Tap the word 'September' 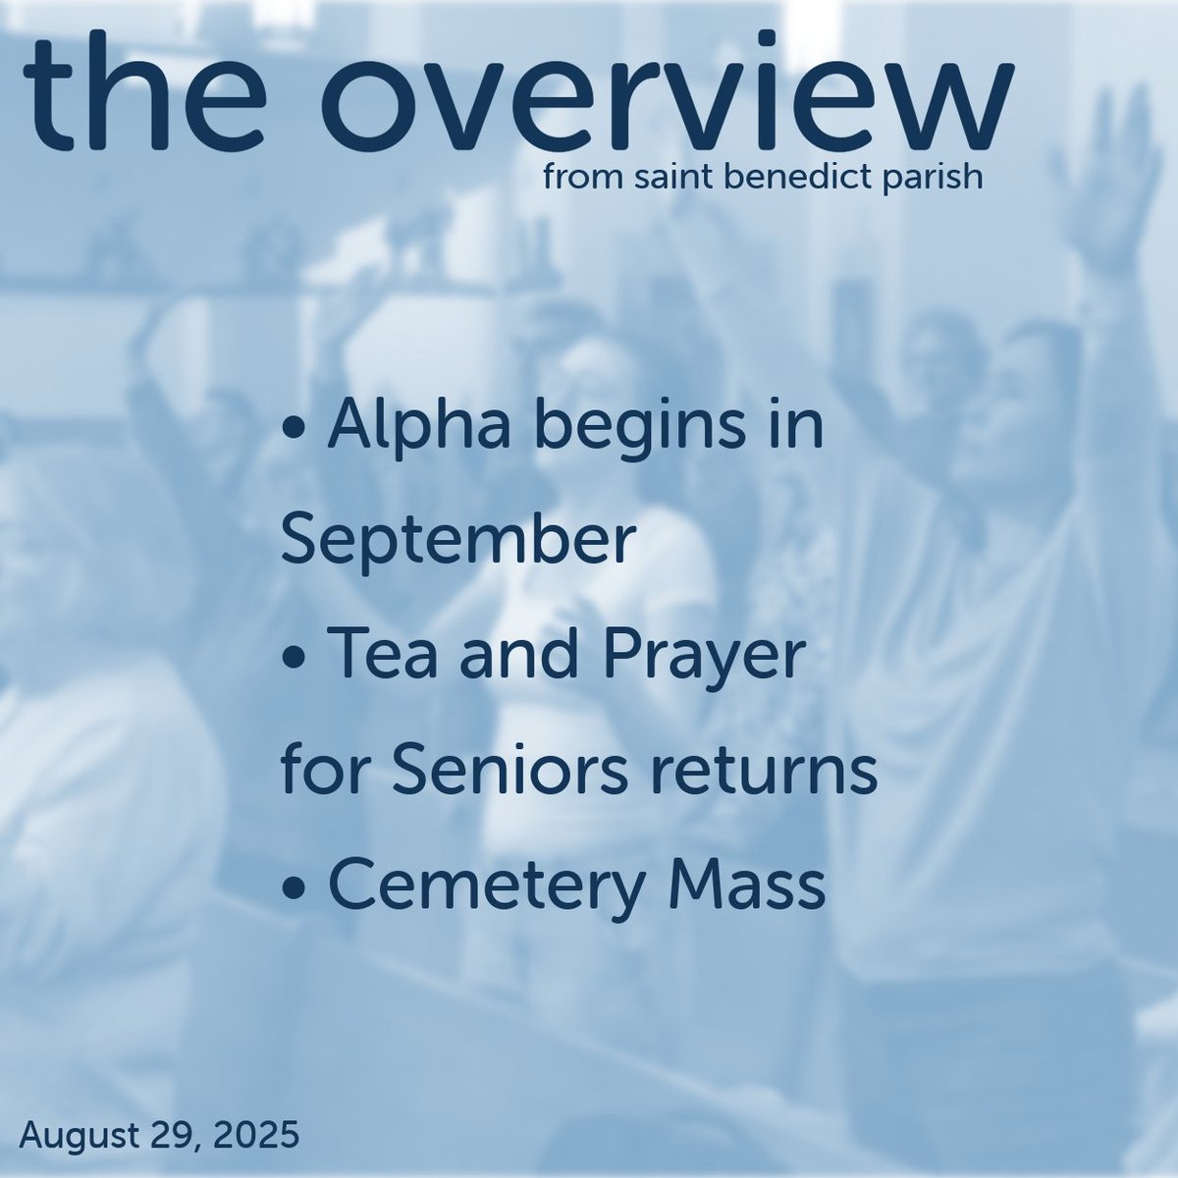click(x=454, y=544)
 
